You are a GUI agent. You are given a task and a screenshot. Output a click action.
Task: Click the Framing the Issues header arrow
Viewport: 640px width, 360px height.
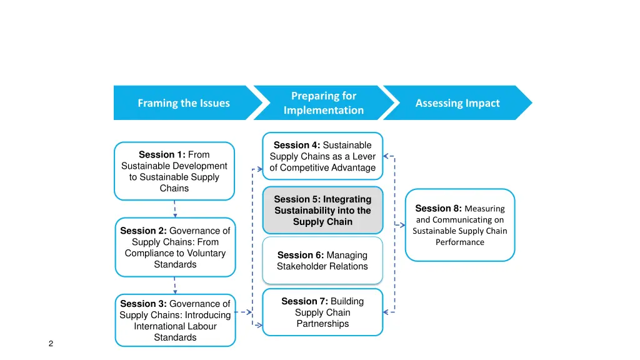click(184, 103)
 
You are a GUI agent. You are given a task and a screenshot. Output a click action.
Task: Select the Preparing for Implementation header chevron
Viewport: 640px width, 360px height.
click(323, 103)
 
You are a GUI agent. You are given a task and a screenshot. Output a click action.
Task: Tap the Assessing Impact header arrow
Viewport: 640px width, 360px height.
click(457, 103)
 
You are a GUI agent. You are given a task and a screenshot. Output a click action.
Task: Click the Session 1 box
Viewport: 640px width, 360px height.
click(174, 171)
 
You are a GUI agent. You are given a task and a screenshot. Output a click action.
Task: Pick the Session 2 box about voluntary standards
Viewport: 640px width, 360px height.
click(175, 247)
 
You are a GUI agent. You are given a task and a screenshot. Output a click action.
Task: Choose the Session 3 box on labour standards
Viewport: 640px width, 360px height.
click(175, 320)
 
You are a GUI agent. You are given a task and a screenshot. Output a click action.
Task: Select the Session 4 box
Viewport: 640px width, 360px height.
click(322, 156)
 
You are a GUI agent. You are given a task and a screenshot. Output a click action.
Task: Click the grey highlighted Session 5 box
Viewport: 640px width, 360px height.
click(322, 210)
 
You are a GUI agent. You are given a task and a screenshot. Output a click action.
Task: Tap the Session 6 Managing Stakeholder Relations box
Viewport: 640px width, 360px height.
click(322, 261)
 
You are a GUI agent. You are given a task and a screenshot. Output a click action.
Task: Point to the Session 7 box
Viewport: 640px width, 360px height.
click(322, 312)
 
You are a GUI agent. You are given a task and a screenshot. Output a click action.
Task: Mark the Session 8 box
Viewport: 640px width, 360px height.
click(460, 225)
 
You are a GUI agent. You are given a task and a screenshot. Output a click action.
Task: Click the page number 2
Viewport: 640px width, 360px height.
click(51, 344)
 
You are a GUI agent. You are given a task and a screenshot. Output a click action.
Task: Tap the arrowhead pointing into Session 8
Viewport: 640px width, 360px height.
click(402, 225)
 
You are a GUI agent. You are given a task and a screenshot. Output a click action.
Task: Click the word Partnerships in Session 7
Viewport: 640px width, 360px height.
click(322, 324)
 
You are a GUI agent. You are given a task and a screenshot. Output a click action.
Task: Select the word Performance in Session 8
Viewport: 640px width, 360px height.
click(460, 242)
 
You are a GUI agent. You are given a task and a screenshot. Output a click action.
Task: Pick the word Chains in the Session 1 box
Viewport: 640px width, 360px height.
click(174, 188)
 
